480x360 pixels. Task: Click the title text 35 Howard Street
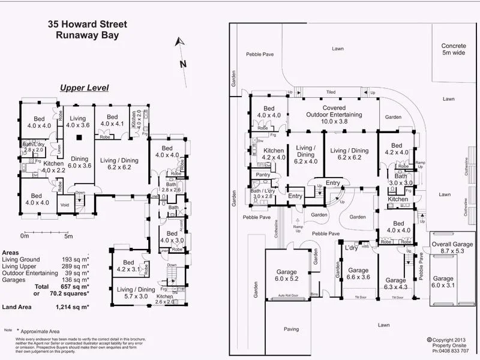coord(88,25)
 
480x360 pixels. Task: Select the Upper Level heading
coord(84,88)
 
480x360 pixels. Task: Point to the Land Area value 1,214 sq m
coord(70,307)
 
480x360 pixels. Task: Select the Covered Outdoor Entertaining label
coord(334,114)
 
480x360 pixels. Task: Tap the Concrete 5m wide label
coord(453,50)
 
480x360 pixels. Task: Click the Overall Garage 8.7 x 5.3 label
coord(452,248)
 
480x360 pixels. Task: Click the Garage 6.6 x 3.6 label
coord(358,274)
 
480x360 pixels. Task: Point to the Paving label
coord(292,329)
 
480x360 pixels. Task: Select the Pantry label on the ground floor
coord(262,175)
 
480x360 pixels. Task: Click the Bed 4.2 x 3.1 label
coord(128,266)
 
